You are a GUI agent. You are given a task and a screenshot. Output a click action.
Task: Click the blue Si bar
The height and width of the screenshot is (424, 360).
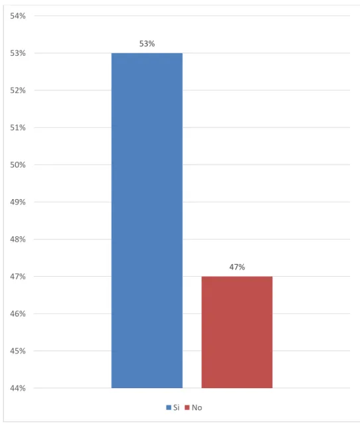click(x=147, y=220)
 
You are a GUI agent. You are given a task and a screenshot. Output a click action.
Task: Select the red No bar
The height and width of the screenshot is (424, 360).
click(x=237, y=332)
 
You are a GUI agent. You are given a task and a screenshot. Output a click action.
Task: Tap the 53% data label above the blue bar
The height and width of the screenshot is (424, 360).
click(x=147, y=44)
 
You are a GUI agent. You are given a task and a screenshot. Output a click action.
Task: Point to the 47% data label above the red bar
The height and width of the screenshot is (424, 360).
click(x=237, y=267)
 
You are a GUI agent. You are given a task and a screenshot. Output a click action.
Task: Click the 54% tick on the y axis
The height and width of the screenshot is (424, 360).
click(x=18, y=16)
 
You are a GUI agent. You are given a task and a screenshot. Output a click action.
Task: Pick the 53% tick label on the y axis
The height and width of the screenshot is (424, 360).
click(x=18, y=53)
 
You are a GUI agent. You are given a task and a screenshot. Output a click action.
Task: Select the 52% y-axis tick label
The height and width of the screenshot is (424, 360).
click(x=18, y=90)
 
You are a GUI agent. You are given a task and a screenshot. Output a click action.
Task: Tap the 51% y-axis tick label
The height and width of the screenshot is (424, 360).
click(x=18, y=127)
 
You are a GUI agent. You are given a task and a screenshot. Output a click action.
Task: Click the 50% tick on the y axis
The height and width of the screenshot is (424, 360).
click(x=18, y=165)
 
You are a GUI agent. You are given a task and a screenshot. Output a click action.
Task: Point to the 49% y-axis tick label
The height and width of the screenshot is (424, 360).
click(x=18, y=202)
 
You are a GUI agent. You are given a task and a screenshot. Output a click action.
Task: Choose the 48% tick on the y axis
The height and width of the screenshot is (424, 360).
click(x=18, y=240)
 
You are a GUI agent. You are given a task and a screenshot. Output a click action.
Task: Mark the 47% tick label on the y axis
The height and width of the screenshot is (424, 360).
click(x=18, y=276)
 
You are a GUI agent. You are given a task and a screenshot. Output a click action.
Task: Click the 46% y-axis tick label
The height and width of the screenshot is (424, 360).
click(x=18, y=314)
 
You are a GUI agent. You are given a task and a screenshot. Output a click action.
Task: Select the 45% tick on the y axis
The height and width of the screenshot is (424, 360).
click(x=18, y=351)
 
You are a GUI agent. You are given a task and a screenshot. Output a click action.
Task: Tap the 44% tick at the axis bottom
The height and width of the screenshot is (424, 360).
click(x=18, y=388)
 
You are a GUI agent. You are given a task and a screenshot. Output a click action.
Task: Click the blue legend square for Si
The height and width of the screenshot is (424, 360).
click(x=168, y=407)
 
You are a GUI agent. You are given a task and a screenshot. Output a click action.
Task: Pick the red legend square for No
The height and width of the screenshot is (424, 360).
click(x=187, y=407)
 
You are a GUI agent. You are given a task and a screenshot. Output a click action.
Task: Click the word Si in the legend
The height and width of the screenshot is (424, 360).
click(x=176, y=407)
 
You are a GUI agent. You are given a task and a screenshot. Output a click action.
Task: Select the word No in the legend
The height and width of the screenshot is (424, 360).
click(x=197, y=407)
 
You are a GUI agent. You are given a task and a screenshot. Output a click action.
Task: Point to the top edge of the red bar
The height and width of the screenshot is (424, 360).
click(x=237, y=276)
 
